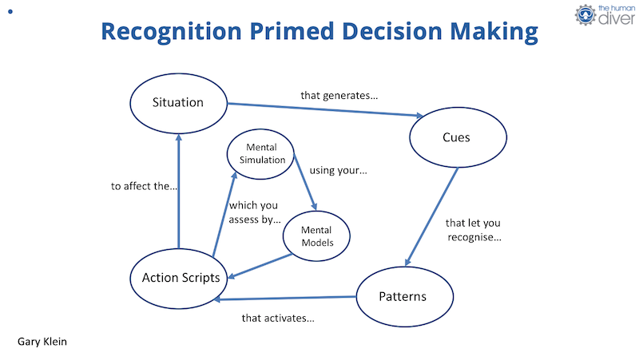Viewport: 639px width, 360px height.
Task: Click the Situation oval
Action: click(x=179, y=103)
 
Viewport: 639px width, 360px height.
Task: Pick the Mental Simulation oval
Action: click(x=260, y=153)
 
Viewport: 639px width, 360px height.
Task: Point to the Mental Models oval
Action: click(x=316, y=236)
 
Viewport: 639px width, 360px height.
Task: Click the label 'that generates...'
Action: click(x=339, y=96)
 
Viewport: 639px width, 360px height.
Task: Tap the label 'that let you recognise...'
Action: click(x=474, y=230)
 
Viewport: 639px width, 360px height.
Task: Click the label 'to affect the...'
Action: click(x=144, y=187)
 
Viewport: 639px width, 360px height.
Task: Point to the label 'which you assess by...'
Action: click(x=254, y=212)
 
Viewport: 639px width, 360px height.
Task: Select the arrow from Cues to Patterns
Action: click(x=433, y=216)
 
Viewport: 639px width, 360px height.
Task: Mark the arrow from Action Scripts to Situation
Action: click(x=179, y=192)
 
